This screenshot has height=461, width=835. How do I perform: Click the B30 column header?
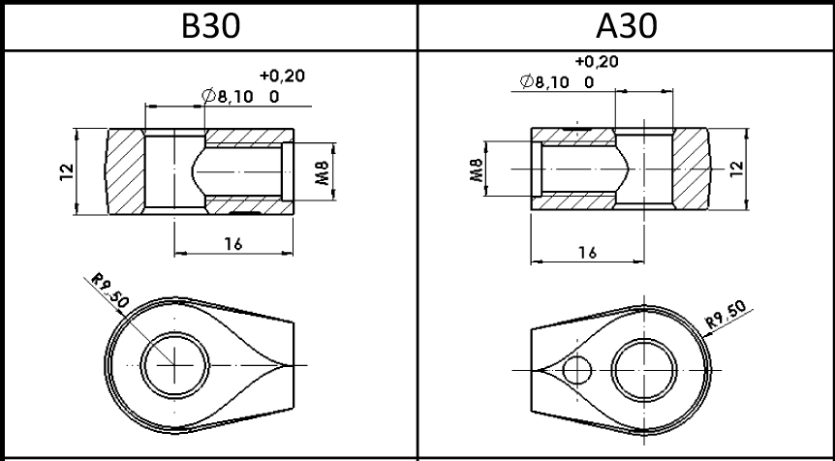click(211, 26)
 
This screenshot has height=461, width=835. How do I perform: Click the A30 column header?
click(626, 26)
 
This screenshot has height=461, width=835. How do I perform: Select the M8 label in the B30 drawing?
click(323, 172)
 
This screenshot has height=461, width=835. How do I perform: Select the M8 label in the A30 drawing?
click(477, 169)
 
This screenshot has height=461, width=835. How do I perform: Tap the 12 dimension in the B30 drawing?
click(67, 172)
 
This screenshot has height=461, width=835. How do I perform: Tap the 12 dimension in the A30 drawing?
click(736, 169)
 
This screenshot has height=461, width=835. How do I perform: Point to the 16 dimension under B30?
click(233, 244)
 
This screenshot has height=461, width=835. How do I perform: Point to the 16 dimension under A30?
click(587, 253)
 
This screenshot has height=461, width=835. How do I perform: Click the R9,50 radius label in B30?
click(110, 291)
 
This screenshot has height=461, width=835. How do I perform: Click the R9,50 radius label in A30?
click(726, 315)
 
